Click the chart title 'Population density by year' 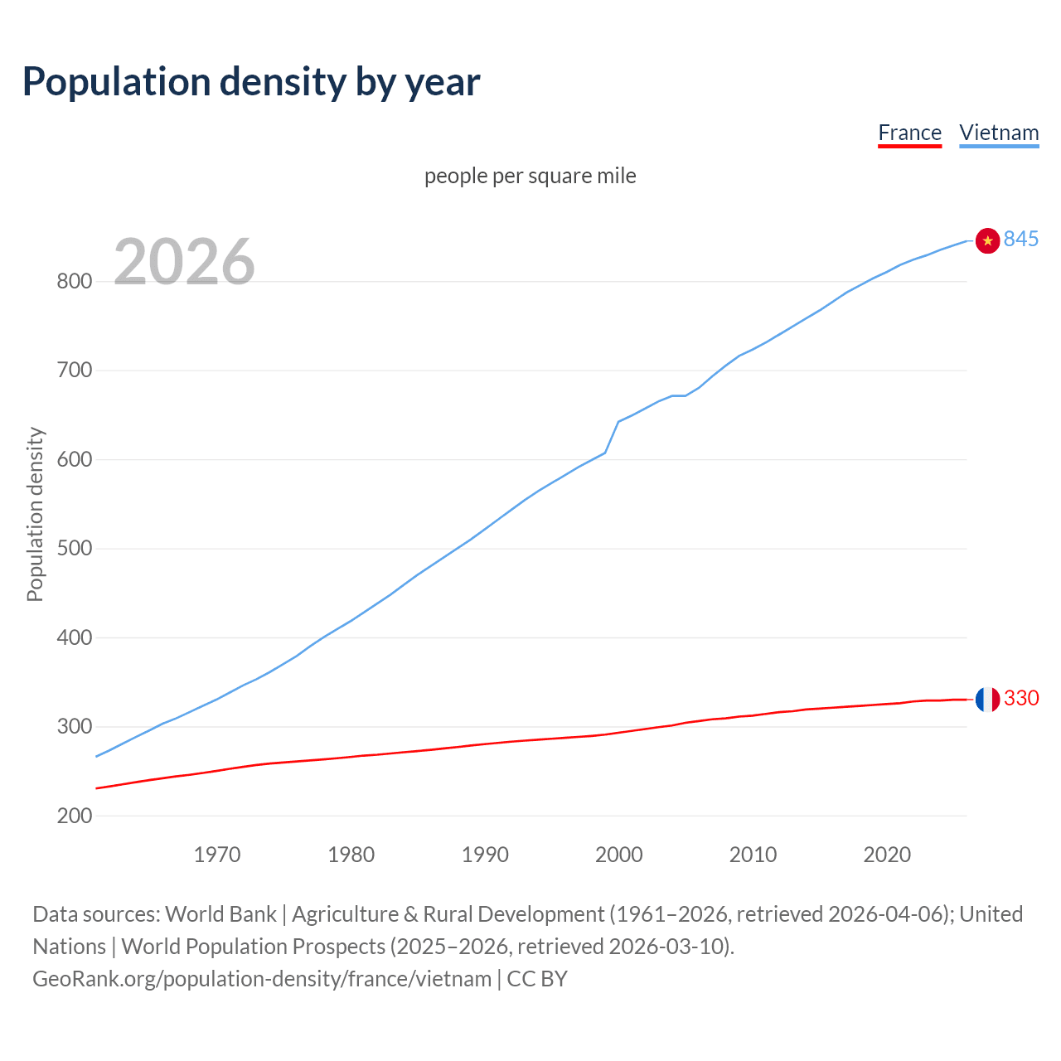click(x=251, y=81)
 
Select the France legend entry click(x=909, y=133)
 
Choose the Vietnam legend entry click(x=999, y=133)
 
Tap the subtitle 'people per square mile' click(x=530, y=176)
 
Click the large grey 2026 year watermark click(x=184, y=262)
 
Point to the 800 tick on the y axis click(x=74, y=282)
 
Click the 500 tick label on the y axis click(x=74, y=549)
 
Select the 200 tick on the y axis click(x=74, y=816)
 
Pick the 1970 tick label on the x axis click(x=217, y=854)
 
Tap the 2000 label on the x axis click(x=619, y=854)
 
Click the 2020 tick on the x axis click(x=887, y=854)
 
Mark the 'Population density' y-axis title click(x=35, y=514)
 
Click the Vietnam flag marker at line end click(x=987, y=240)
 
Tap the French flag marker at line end click(x=987, y=700)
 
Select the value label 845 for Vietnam click(x=1021, y=239)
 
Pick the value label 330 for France click(x=1021, y=698)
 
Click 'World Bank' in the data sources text click(x=220, y=914)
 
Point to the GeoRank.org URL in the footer click(x=262, y=979)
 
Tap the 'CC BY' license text click(x=537, y=979)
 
